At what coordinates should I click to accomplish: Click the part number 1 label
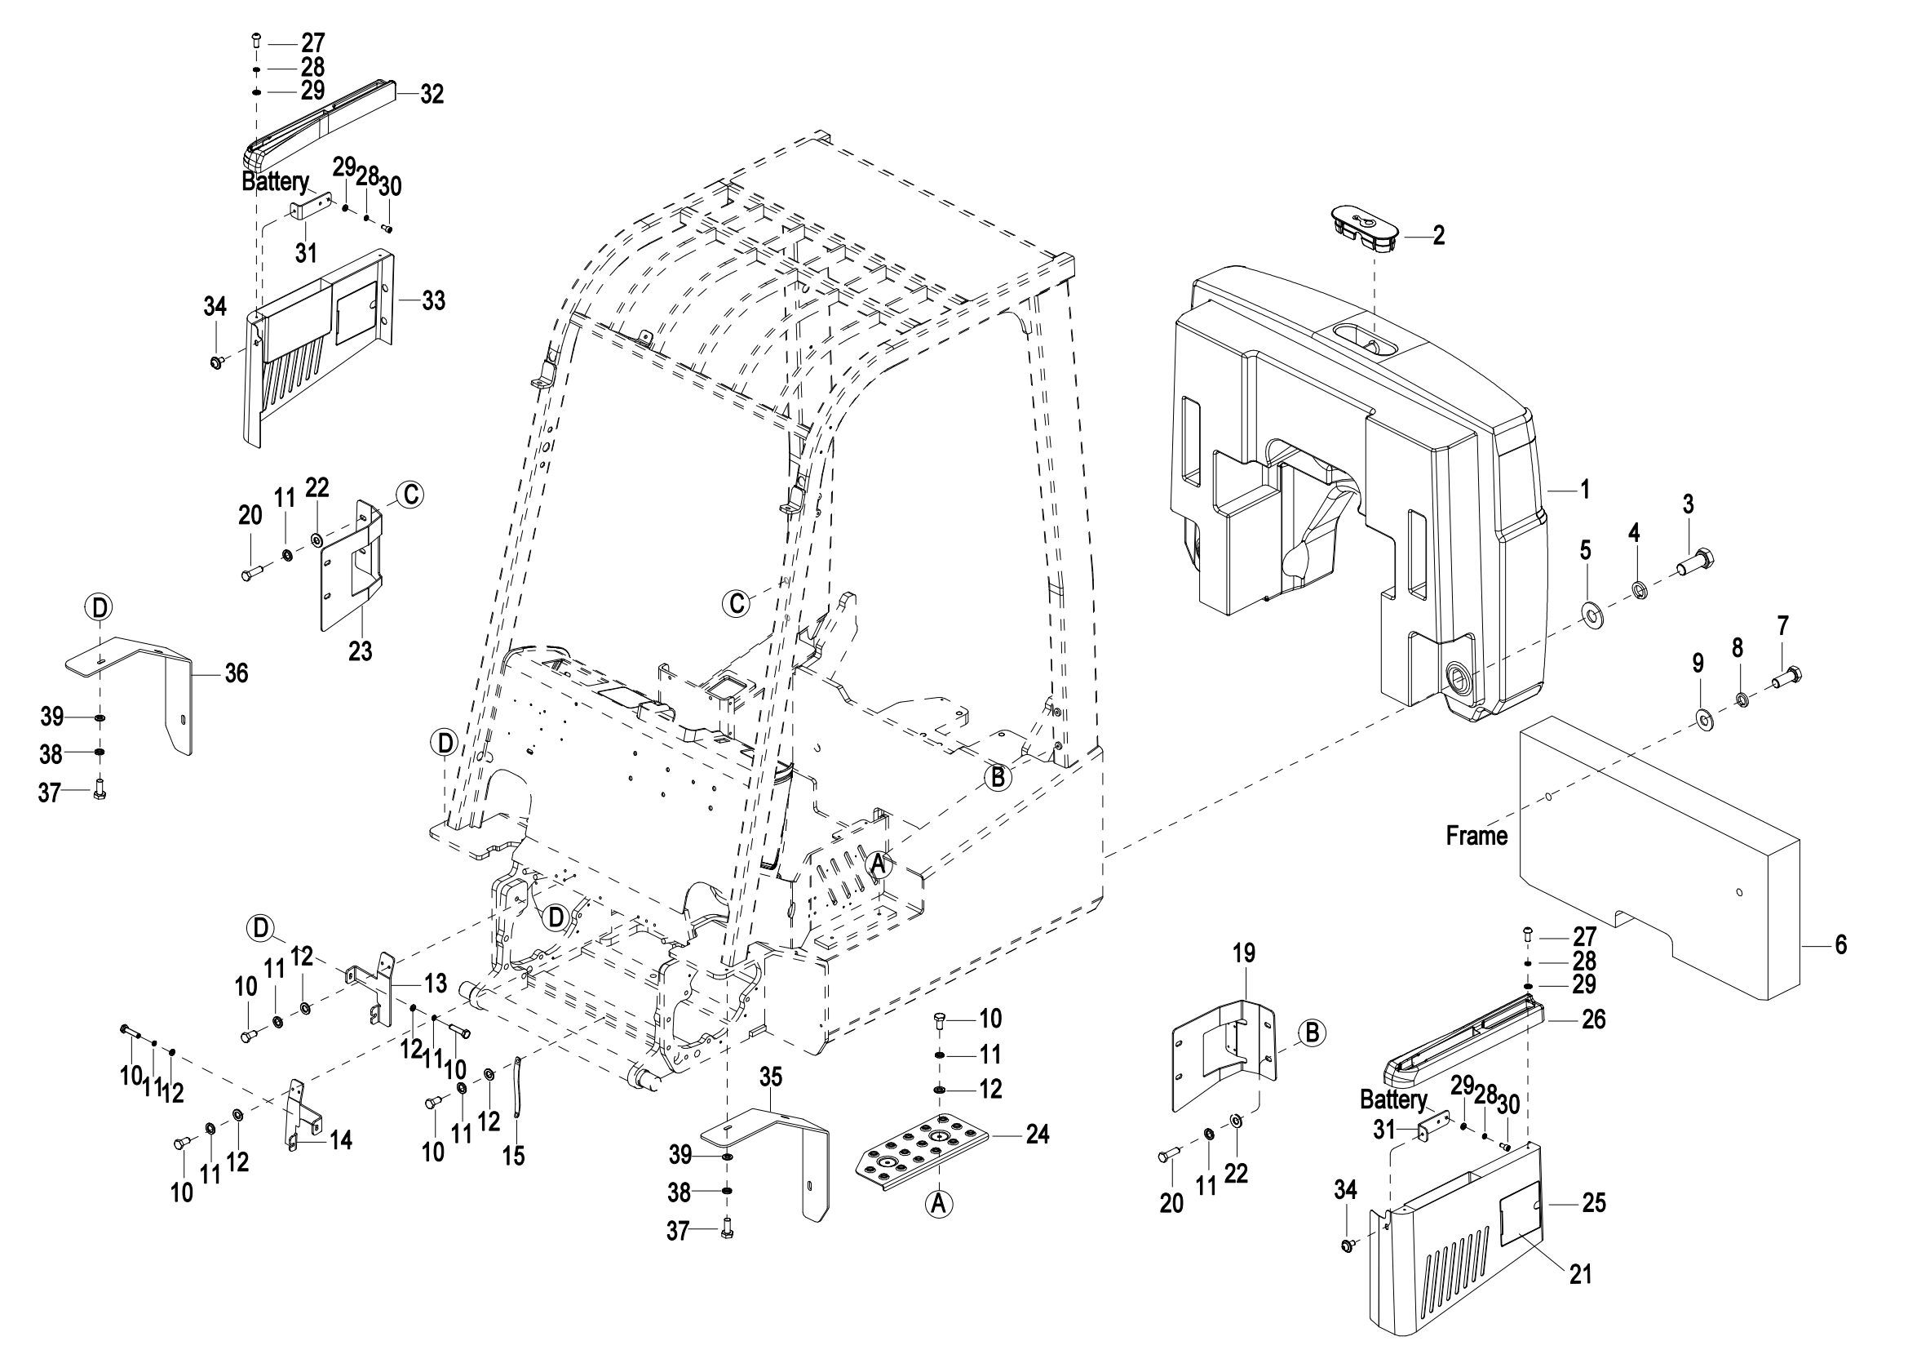[1585, 490]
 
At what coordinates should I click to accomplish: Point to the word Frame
[1476, 836]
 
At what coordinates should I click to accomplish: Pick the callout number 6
[1839, 945]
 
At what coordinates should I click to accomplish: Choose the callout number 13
[436, 984]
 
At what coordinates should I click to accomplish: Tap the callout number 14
[341, 1139]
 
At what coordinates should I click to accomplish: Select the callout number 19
[1243, 953]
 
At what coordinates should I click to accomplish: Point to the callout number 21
[1580, 1274]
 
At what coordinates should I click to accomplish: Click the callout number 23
[360, 651]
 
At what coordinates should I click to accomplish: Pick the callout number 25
[1593, 1203]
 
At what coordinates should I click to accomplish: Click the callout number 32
[432, 95]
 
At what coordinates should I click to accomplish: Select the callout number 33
[433, 301]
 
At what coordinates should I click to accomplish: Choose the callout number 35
[770, 1077]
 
